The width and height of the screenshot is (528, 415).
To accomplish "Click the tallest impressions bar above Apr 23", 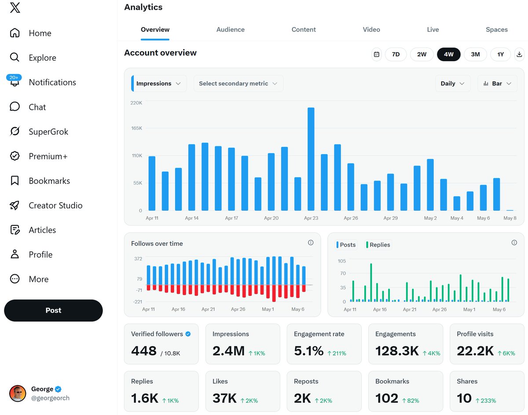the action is (311, 159).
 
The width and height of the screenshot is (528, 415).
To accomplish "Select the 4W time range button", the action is (448, 54).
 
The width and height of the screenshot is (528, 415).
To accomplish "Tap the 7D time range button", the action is (396, 54).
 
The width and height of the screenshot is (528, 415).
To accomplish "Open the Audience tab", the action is (231, 29).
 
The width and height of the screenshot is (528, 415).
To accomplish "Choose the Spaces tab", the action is (497, 29).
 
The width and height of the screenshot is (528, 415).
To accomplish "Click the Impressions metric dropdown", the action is (159, 84).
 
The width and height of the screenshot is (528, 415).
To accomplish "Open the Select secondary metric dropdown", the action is (238, 84).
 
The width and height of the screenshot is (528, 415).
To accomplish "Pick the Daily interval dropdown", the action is (453, 84).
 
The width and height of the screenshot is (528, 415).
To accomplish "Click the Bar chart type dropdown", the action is (497, 84).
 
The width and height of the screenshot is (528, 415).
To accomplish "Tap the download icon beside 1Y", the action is (519, 54).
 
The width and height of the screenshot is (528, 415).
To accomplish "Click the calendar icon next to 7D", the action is (376, 54).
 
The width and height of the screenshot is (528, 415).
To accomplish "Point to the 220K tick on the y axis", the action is (136, 103).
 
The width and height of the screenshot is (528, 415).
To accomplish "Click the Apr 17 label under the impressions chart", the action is (231, 218).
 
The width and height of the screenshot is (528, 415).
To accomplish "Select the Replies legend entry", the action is (378, 244).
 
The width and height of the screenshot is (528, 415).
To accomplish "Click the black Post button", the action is (53, 310).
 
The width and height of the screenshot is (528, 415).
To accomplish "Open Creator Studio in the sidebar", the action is (46, 205).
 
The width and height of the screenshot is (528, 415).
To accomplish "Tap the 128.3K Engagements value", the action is (397, 351).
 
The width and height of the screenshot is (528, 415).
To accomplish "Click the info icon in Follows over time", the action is (311, 243).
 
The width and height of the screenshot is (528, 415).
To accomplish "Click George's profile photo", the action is (18, 393).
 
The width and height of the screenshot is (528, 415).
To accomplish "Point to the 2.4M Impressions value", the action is (228, 351).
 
